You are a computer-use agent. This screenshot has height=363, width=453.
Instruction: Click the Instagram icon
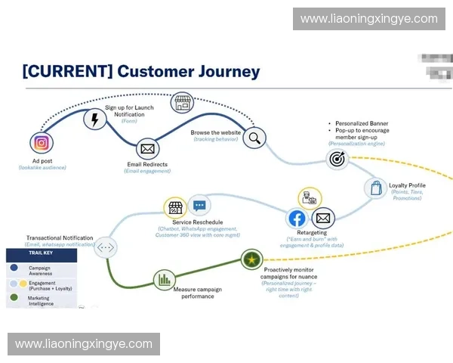pyautogui.click(x=41, y=142)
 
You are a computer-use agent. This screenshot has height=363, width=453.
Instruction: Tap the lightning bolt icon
pyautogui.click(x=94, y=120)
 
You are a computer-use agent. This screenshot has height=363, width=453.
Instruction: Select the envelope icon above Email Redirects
pyautogui.click(x=147, y=149)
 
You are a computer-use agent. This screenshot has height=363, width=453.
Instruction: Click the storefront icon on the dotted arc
pyautogui.click(x=183, y=103)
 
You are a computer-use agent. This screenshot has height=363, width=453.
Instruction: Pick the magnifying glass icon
pyautogui.click(x=254, y=138)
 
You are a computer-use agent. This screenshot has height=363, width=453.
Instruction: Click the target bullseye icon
pyautogui.click(x=336, y=159)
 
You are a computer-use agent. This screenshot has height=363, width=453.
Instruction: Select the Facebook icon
pyautogui.click(x=297, y=219)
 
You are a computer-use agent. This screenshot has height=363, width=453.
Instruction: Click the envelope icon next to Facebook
pyautogui.click(x=323, y=219)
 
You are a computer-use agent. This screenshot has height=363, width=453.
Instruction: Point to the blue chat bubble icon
pyautogui.click(x=199, y=206)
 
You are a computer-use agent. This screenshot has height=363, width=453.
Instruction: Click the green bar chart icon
pyautogui.click(x=164, y=280)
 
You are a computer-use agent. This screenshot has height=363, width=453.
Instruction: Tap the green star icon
pyautogui.click(x=251, y=261)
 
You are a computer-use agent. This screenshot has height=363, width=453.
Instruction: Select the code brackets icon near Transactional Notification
pyautogui.click(x=106, y=247)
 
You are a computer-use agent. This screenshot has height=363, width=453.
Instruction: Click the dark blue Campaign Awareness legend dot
pyautogui.click(x=14, y=267)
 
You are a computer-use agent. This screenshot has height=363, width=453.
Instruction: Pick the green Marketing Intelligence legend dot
pyautogui.click(x=14, y=299)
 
